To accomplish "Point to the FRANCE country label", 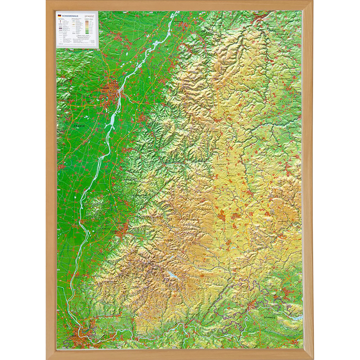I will (x=79, y=126).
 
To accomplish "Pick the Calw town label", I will (x=232, y=76).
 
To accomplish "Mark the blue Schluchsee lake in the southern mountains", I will (x=172, y=275).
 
